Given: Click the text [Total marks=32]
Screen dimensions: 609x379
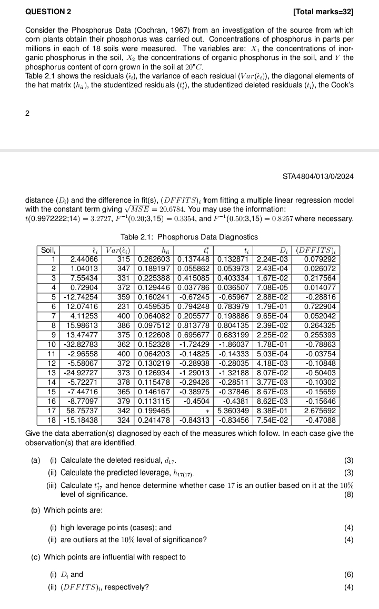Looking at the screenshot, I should pos(323,11).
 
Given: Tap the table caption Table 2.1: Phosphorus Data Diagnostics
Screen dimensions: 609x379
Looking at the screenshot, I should pos(189,237).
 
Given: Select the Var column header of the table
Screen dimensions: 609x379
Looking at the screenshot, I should pos(118,251).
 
